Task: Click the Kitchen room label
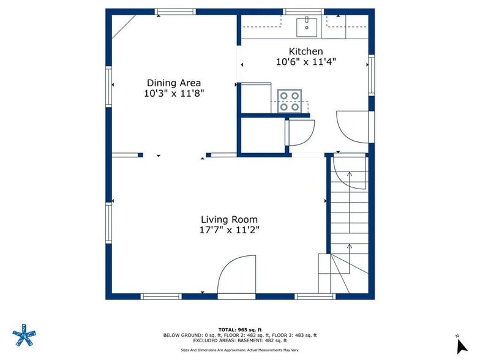click(306, 51)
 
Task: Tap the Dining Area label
click(174, 83)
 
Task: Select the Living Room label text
click(229, 219)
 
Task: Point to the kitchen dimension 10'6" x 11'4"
click(306, 62)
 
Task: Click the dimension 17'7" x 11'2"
click(229, 230)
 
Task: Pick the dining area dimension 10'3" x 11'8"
click(174, 93)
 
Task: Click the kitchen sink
click(306, 27)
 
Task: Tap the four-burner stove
click(289, 101)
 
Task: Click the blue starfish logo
click(24, 335)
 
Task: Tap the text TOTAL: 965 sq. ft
click(240, 329)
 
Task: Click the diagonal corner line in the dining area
click(124, 27)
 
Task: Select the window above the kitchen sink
click(304, 12)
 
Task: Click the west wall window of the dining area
click(109, 87)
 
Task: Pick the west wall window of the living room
click(109, 223)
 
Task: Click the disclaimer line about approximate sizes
click(240, 350)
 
